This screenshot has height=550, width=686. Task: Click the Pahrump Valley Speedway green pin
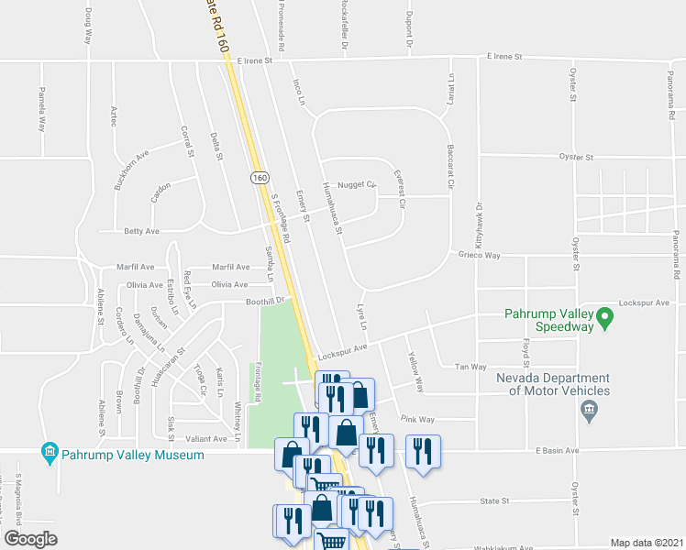click(x=605, y=319)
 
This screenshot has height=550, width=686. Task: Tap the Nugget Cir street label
click(x=358, y=184)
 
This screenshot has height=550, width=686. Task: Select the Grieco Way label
click(x=479, y=256)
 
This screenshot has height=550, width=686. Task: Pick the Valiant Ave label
click(x=207, y=439)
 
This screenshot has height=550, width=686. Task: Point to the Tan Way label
click(x=471, y=367)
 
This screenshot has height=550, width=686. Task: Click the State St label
click(x=494, y=501)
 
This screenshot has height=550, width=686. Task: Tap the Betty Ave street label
click(x=136, y=231)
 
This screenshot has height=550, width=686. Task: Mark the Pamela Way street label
click(x=41, y=110)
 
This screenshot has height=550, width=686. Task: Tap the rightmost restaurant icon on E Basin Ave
click(x=423, y=451)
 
